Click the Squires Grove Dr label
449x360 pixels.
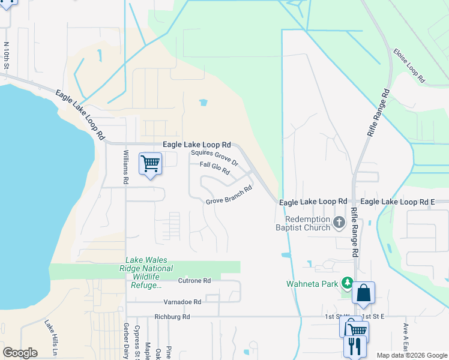click(x=214, y=158)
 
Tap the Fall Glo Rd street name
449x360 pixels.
click(x=214, y=168)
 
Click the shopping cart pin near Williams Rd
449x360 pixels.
click(x=150, y=164)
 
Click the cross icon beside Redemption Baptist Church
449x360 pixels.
click(x=339, y=223)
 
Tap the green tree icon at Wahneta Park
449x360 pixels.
click(x=346, y=283)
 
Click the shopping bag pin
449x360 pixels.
click(x=363, y=293)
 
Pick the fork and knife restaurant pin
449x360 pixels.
click(x=354, y=346)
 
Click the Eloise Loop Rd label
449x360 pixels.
click(x=409, y=65)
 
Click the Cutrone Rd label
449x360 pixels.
click(x=194, y=280)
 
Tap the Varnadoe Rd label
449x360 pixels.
click(x=181, y=302)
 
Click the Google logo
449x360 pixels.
click(x=20, y=353)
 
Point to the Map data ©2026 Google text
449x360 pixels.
click(x=411, y=355)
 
